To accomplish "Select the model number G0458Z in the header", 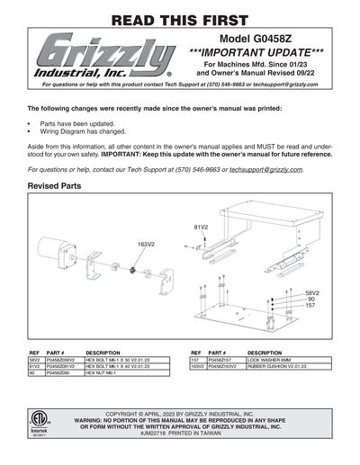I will [x=260, y=44].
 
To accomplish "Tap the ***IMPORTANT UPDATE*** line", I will [x=260, y=56].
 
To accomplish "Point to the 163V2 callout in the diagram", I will [x=147, y=244].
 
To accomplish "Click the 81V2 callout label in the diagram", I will [x=202, y=227].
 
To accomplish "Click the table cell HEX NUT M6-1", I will [x=100, y=373].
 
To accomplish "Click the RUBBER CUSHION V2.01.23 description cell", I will [x=279, y=367].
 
